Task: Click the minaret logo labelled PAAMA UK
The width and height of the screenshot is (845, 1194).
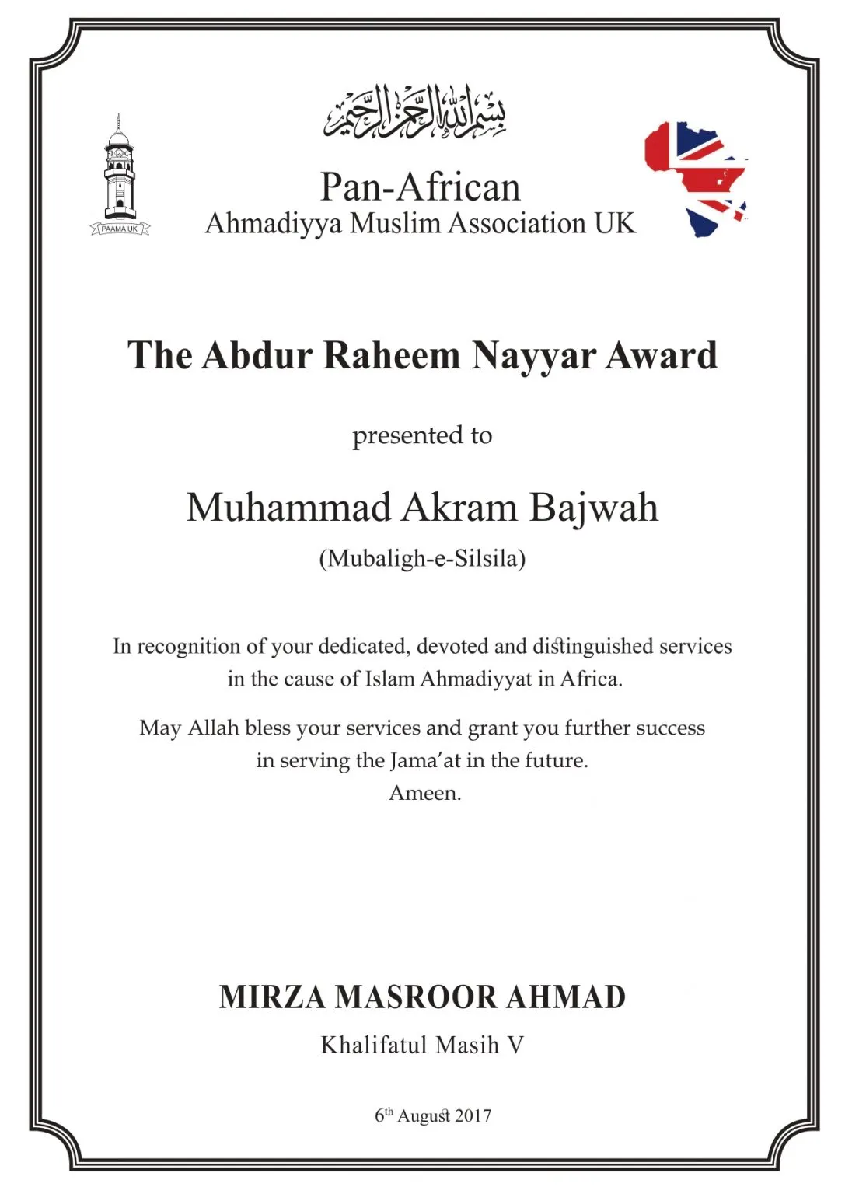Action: click(x=119, y=177)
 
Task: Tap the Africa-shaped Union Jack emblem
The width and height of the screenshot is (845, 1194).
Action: click(x=697, y=178)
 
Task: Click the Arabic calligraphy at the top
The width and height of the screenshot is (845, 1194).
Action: click(x=415, y=112)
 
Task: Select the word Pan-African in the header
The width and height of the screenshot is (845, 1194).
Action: click(x=420, y=187)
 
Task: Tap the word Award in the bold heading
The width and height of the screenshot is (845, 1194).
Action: click(x=662, y=356)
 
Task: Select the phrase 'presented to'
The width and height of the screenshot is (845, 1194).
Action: click(x=422, y=435)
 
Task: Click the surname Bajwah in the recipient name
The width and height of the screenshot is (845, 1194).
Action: click(x=594, y=508)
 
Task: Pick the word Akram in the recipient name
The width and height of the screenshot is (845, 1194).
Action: click(x=459, y=508)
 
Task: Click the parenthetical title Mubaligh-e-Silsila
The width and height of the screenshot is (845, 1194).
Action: click(x=422, y=558)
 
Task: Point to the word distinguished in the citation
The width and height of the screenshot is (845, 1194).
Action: click(x=592, y=647)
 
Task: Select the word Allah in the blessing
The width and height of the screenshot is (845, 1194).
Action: click(x=213, y=728)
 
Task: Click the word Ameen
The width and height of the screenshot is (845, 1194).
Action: click(x=424, y=793)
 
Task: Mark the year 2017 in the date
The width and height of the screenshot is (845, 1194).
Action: click(x=473, y=1116)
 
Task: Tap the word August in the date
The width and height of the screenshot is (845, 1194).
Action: click(x=424, y=1117)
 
